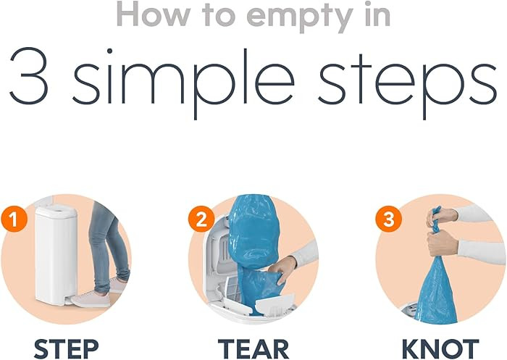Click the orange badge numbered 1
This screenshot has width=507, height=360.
pos(14,219)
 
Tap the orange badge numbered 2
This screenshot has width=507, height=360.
pos(201,219)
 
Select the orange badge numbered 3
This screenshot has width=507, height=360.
pos(389,219)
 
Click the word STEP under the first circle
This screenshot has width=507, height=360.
pos(67,348)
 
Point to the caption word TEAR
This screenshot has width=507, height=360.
pos(253,348)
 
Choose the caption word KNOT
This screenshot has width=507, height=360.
pos(440,348)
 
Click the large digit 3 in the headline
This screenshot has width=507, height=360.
pos(29,76)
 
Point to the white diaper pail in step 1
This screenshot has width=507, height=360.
pos(56,254)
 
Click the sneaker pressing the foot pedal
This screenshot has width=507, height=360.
pos(91,299)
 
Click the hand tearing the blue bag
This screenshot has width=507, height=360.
pos(282,269)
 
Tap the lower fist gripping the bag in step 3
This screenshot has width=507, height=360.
pos(443,242)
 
